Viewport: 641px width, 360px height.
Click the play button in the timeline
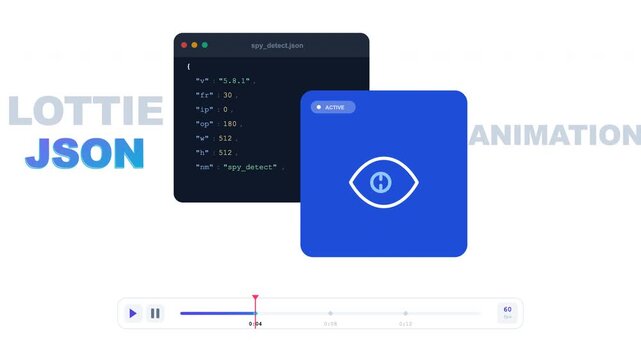[x=133, y=313]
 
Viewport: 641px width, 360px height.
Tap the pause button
[x=155, y=313]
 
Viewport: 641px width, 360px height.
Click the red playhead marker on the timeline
[x=255, y=298]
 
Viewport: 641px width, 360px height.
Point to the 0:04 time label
[x=255, y=324]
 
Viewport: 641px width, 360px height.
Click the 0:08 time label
[x=330, y=324]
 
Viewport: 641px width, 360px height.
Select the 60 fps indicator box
[x=507, y=313]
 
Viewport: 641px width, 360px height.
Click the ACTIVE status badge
[x=332, y=107]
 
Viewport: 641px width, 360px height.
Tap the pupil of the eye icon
[x=383, y=181]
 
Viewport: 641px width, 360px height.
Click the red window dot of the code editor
[x=183, y=45]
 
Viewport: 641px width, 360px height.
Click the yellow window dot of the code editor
[x=194, y=45]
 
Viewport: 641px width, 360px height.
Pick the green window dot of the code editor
[x=205, y=45]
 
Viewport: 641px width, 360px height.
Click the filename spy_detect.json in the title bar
[x=278, y=46]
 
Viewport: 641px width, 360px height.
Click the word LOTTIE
[x=85, y=111]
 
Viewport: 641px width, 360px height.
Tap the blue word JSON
[x=85, y=152]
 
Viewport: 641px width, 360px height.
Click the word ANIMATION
[x=555, y=135]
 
